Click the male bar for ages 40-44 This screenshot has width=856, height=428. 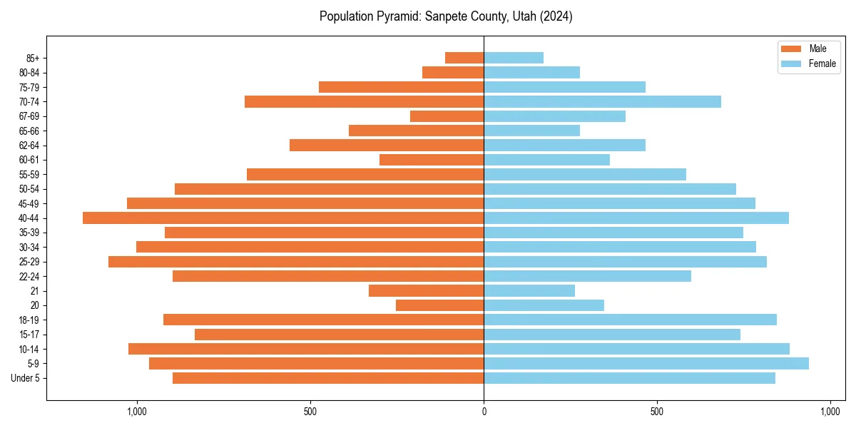(x=283, y=218)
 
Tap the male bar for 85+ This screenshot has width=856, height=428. (x=464, y=58)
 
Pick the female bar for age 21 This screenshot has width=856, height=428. (x=529, y=291)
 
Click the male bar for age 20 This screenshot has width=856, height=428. (x=439, y=305)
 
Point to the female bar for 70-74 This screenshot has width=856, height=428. (x=602, y=102)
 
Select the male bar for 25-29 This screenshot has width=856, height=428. (x=296, y=262)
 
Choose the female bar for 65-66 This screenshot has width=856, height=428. (x=531, y=131)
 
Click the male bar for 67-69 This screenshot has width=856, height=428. (x=447, y=116)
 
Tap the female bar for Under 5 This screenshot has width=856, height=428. (x=629, y=378)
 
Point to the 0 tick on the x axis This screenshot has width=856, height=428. (x=484, y=412)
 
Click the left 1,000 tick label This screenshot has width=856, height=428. (x=136, y=412)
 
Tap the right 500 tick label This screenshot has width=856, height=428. (x=657, y=412)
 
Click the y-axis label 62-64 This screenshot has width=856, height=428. (x=29, y=146)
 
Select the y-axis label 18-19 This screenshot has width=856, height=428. (x=29, y=320)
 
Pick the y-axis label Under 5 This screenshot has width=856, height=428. (x=26, y=378)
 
